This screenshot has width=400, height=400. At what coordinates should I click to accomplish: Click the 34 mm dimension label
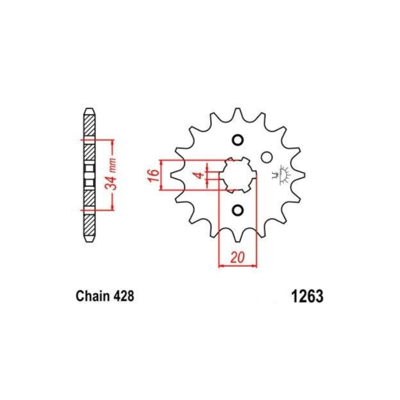111,174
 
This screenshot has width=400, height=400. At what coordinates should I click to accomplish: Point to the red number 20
237,258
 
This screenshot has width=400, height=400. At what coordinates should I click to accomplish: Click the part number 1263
307,296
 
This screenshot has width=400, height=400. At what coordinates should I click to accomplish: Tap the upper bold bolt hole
237,140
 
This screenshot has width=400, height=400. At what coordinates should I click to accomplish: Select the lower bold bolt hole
237,210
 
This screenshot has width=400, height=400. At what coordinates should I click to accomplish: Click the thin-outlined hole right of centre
267,157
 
